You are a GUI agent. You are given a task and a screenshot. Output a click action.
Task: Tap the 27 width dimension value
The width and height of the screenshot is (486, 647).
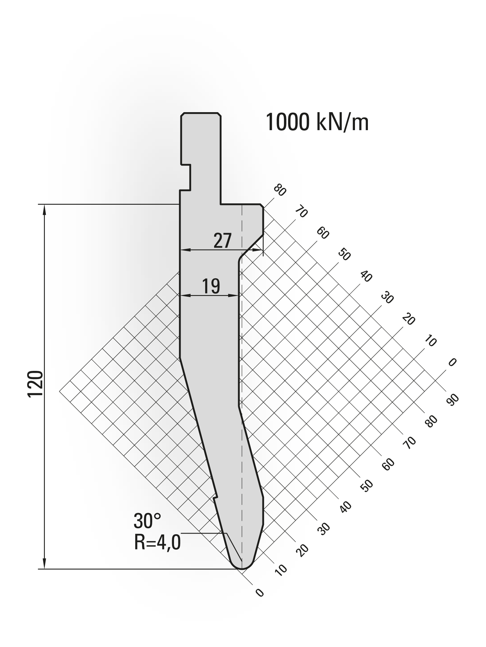(223, 241)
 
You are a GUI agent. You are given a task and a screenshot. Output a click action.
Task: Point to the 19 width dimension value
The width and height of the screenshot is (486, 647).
(211, 286)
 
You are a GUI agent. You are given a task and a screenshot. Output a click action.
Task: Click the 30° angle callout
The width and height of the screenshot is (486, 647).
(147, 521)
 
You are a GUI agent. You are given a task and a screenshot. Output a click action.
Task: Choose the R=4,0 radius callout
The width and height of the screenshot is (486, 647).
(158, 543)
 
